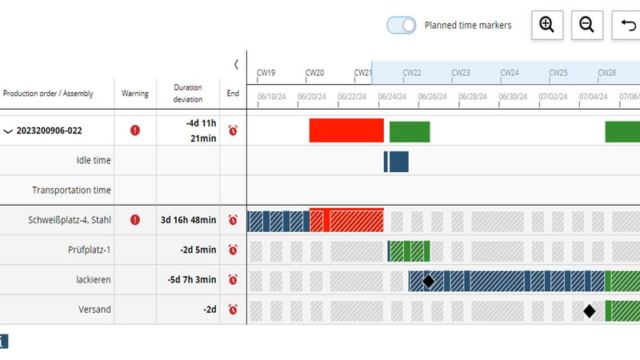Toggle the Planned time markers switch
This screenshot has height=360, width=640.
[x=402, y=26]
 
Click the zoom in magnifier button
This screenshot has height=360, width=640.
[x=546, y=26]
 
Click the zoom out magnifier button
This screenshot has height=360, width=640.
[x=586, y=26]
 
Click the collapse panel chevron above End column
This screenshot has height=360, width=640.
[x=236, y=64]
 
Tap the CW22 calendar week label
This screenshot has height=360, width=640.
[x=412, y=73]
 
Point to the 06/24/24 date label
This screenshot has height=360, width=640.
[x=391, y=97]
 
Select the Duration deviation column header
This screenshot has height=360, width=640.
[x=188, y=94]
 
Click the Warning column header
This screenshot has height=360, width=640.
[x=135, y=94]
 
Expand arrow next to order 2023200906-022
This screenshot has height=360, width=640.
[x=9, y=131]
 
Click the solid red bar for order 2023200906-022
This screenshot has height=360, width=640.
[x=346, y=131]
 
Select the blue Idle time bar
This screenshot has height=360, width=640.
[x=397, y=161]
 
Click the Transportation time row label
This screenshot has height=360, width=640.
[x=71, y=190]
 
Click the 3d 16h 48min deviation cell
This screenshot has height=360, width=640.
[x=188, y=220]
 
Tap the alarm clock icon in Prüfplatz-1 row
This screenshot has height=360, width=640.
[x=233, y=250]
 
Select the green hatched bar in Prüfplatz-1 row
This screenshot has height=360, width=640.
[x=410, y=250]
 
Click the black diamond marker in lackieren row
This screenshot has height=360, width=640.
[x=428, y=281]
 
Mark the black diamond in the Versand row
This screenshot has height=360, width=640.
[x=590, y=311]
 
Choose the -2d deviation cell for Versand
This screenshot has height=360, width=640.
[x=210, y=310]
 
